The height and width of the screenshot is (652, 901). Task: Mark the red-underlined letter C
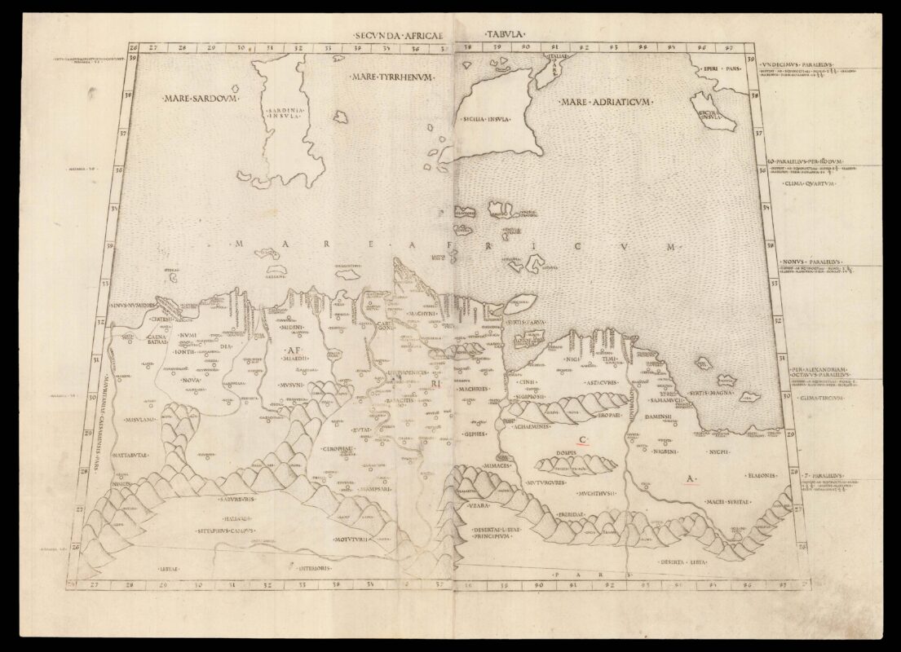pos(583,440)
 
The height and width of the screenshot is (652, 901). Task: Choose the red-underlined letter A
pos(690,479)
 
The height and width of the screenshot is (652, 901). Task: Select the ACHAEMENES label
pos(528,425)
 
